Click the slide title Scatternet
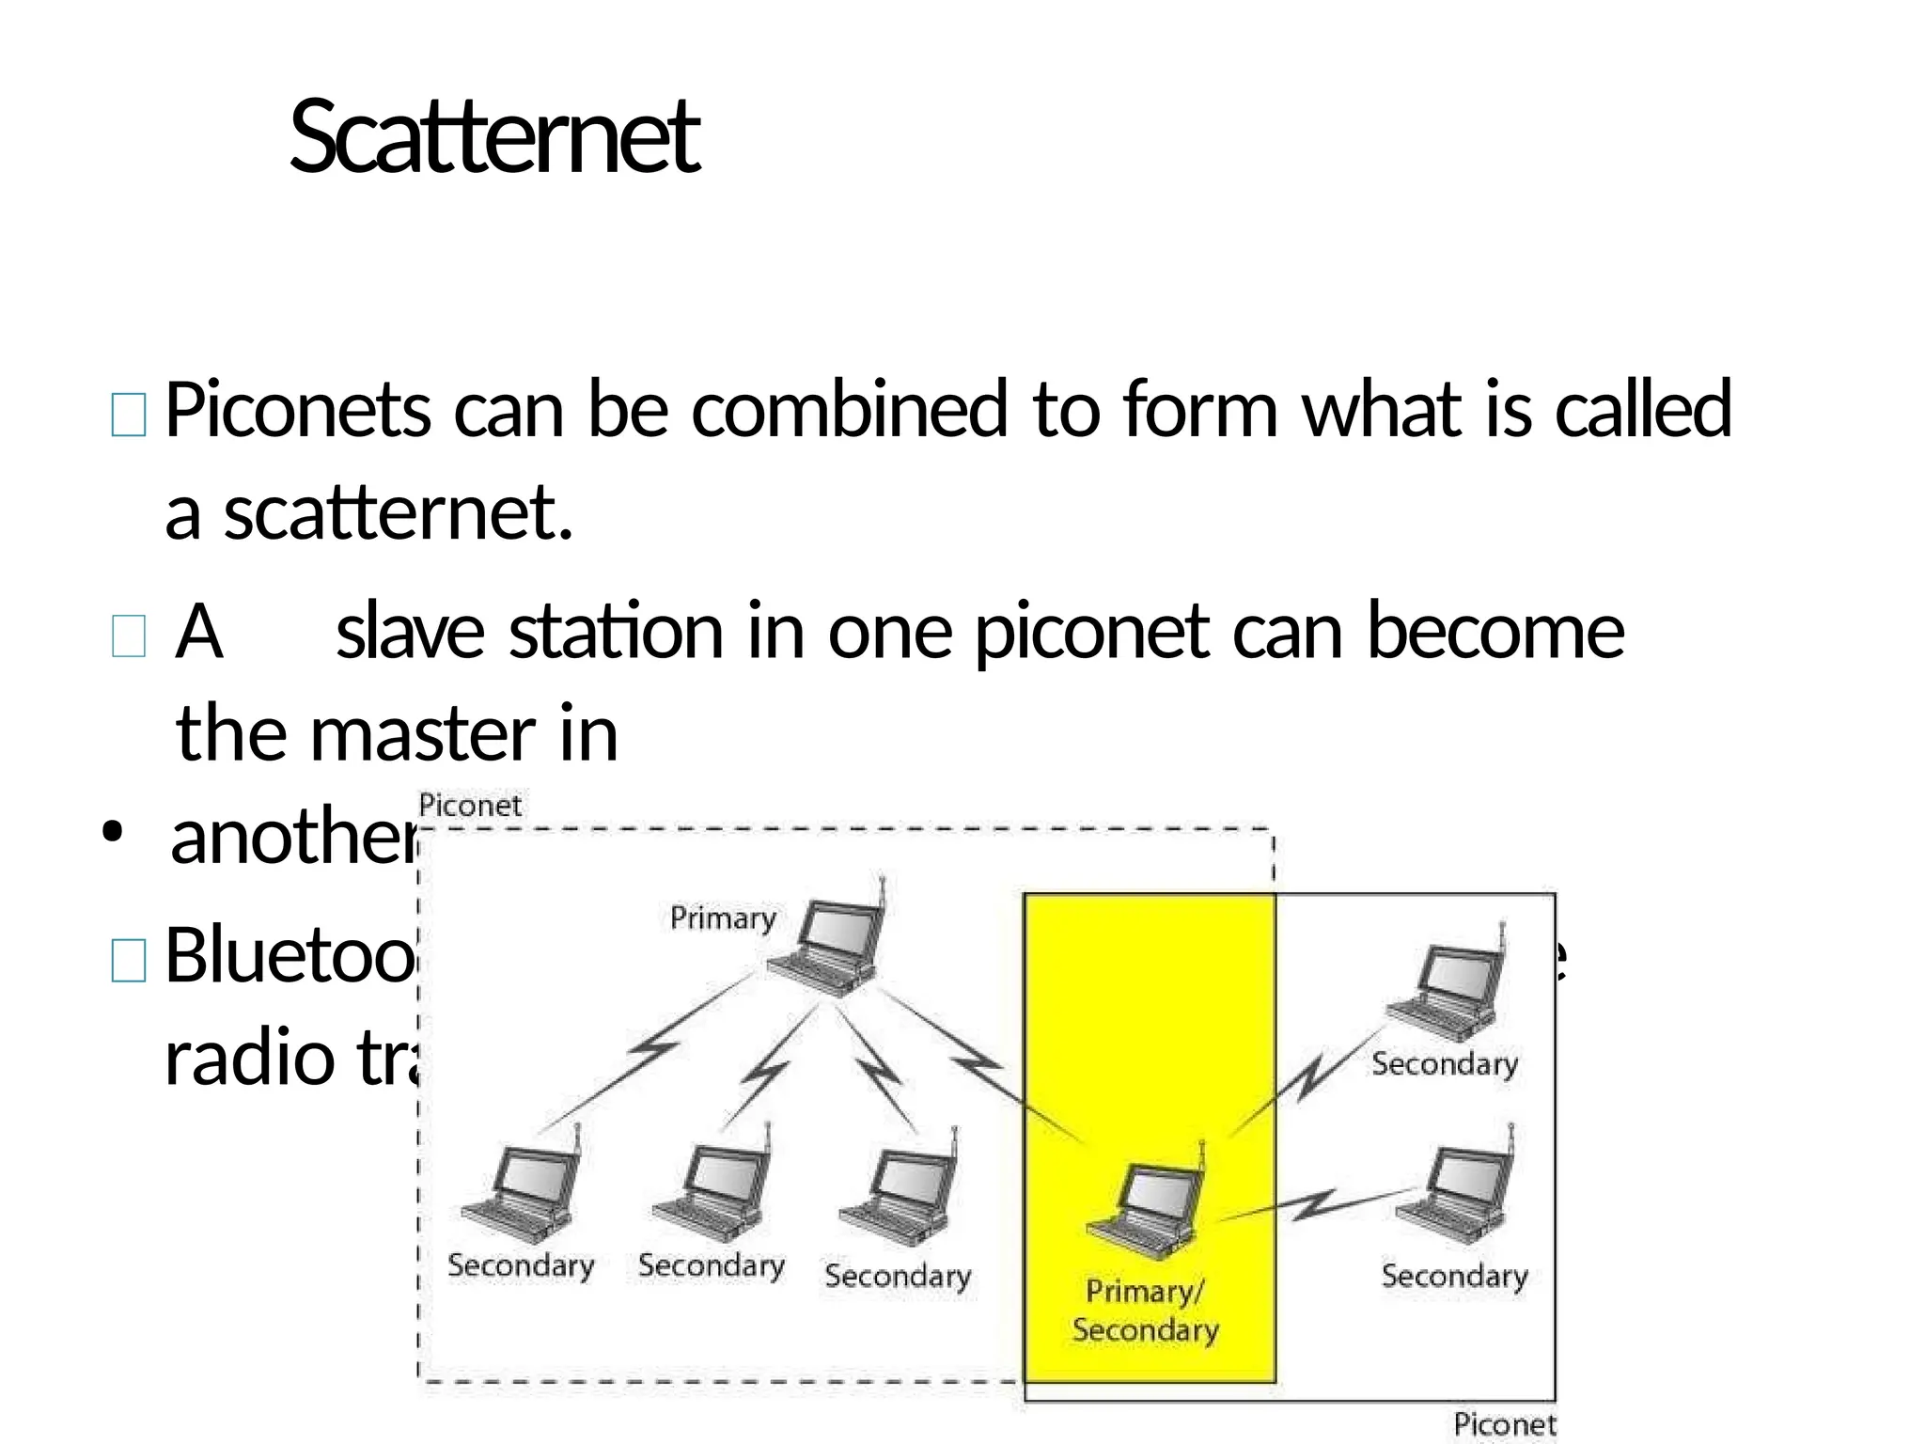point(494,138)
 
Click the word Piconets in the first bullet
point(298,410)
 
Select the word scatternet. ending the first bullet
point(398,514)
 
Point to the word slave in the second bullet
point(410,631)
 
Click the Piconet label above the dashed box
point(470,806)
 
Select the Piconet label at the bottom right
point(1504,1424)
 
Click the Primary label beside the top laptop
point(723,918)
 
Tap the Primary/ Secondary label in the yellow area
point(1145,1311)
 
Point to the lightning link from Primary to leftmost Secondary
point(651,1047)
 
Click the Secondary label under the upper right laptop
point(1445,1064)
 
